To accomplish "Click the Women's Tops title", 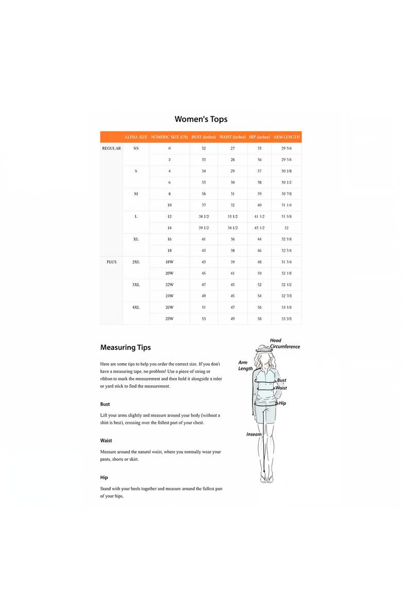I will click(x=201, y=119).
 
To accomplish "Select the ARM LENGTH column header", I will click(x=286, y=137).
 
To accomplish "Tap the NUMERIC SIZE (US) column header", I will click(x=169, y=137).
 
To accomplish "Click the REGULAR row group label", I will click(x=111, y=148).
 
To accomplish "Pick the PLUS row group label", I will click(x=111, y=262).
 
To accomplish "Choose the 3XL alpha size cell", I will click(x=136, y=284).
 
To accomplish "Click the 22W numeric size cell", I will click(x=169, y=284).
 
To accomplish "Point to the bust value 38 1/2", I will click(x=204, y=216).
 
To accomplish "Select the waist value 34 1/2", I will click(x=232, y=228).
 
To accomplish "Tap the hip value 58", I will click(x=259, y=318).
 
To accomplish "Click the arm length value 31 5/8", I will click(x=286, y=216).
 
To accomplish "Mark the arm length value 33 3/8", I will click(x=286, y=318).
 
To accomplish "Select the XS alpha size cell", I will click(x=136, y=148).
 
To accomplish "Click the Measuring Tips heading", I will click(x=125, y=348).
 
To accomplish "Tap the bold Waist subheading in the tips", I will click(x=106, y=440).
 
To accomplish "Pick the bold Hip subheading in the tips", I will click(x=104, y=477).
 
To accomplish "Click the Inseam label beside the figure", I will click(x=254, y=434).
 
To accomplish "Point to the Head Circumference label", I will click(x=284, y=344).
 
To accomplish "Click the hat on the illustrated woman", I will click(x=264, y=350).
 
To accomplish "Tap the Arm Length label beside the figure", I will click(x=245, y=366).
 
